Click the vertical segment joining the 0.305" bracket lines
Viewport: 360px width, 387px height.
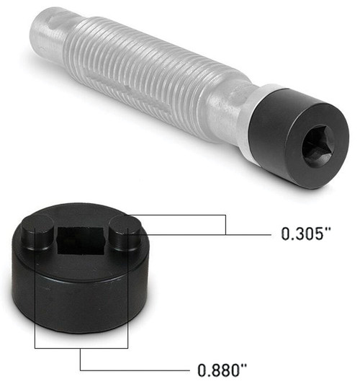click(x=226, y=224)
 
